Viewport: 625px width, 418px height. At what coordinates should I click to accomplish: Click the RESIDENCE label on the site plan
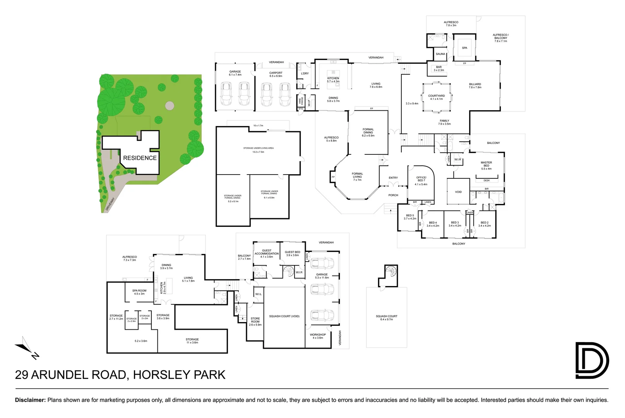click(x=140, y=158)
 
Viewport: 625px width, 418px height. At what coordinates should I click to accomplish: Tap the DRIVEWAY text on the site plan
click(x=110, y=204)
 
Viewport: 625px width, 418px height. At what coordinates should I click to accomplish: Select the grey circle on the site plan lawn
click(x=170, y=105)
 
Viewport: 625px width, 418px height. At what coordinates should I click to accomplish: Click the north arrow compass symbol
click(x=27, y=348)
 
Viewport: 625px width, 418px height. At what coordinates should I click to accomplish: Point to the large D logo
click(x=591, y=360)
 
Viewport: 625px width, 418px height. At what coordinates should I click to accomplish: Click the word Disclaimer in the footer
click(x=30, y=400)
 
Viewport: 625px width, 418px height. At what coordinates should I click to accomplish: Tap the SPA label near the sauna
click(x=464, y=48)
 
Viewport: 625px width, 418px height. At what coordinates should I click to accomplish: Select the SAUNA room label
click(x=440, y=54)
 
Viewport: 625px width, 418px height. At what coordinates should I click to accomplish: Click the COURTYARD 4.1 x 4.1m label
click(x=437, y=97)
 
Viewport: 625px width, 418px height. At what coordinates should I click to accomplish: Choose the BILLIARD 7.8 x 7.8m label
click(x=475, y=86)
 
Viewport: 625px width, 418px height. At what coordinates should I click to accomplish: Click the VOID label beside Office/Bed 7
click(x=458, y=192)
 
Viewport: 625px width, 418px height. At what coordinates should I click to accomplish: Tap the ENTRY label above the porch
click(x=393, y=178)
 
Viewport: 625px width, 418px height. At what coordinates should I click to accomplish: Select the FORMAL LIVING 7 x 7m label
click(x=357, y=176)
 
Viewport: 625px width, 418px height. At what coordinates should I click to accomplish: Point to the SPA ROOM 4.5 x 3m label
click(x=139, y=292)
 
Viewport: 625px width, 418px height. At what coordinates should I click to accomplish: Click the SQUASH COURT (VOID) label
click(x=284, y=316)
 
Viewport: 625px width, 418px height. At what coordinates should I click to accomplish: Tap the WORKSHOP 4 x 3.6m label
click(x=318, y=336)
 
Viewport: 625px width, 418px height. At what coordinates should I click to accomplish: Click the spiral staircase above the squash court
click(x=391, y=271)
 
